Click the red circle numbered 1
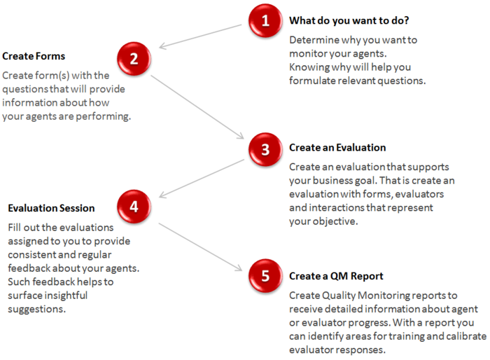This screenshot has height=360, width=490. coord(265,22)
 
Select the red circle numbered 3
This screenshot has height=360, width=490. coord(265,149)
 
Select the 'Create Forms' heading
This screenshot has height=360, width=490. coord(34,56)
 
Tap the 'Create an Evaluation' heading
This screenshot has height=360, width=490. coord(337,148)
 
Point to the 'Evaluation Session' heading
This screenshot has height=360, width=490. coord(51,208)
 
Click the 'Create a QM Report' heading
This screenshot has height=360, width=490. coord(336,276)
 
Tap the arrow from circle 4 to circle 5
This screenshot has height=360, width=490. coord(200,245)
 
